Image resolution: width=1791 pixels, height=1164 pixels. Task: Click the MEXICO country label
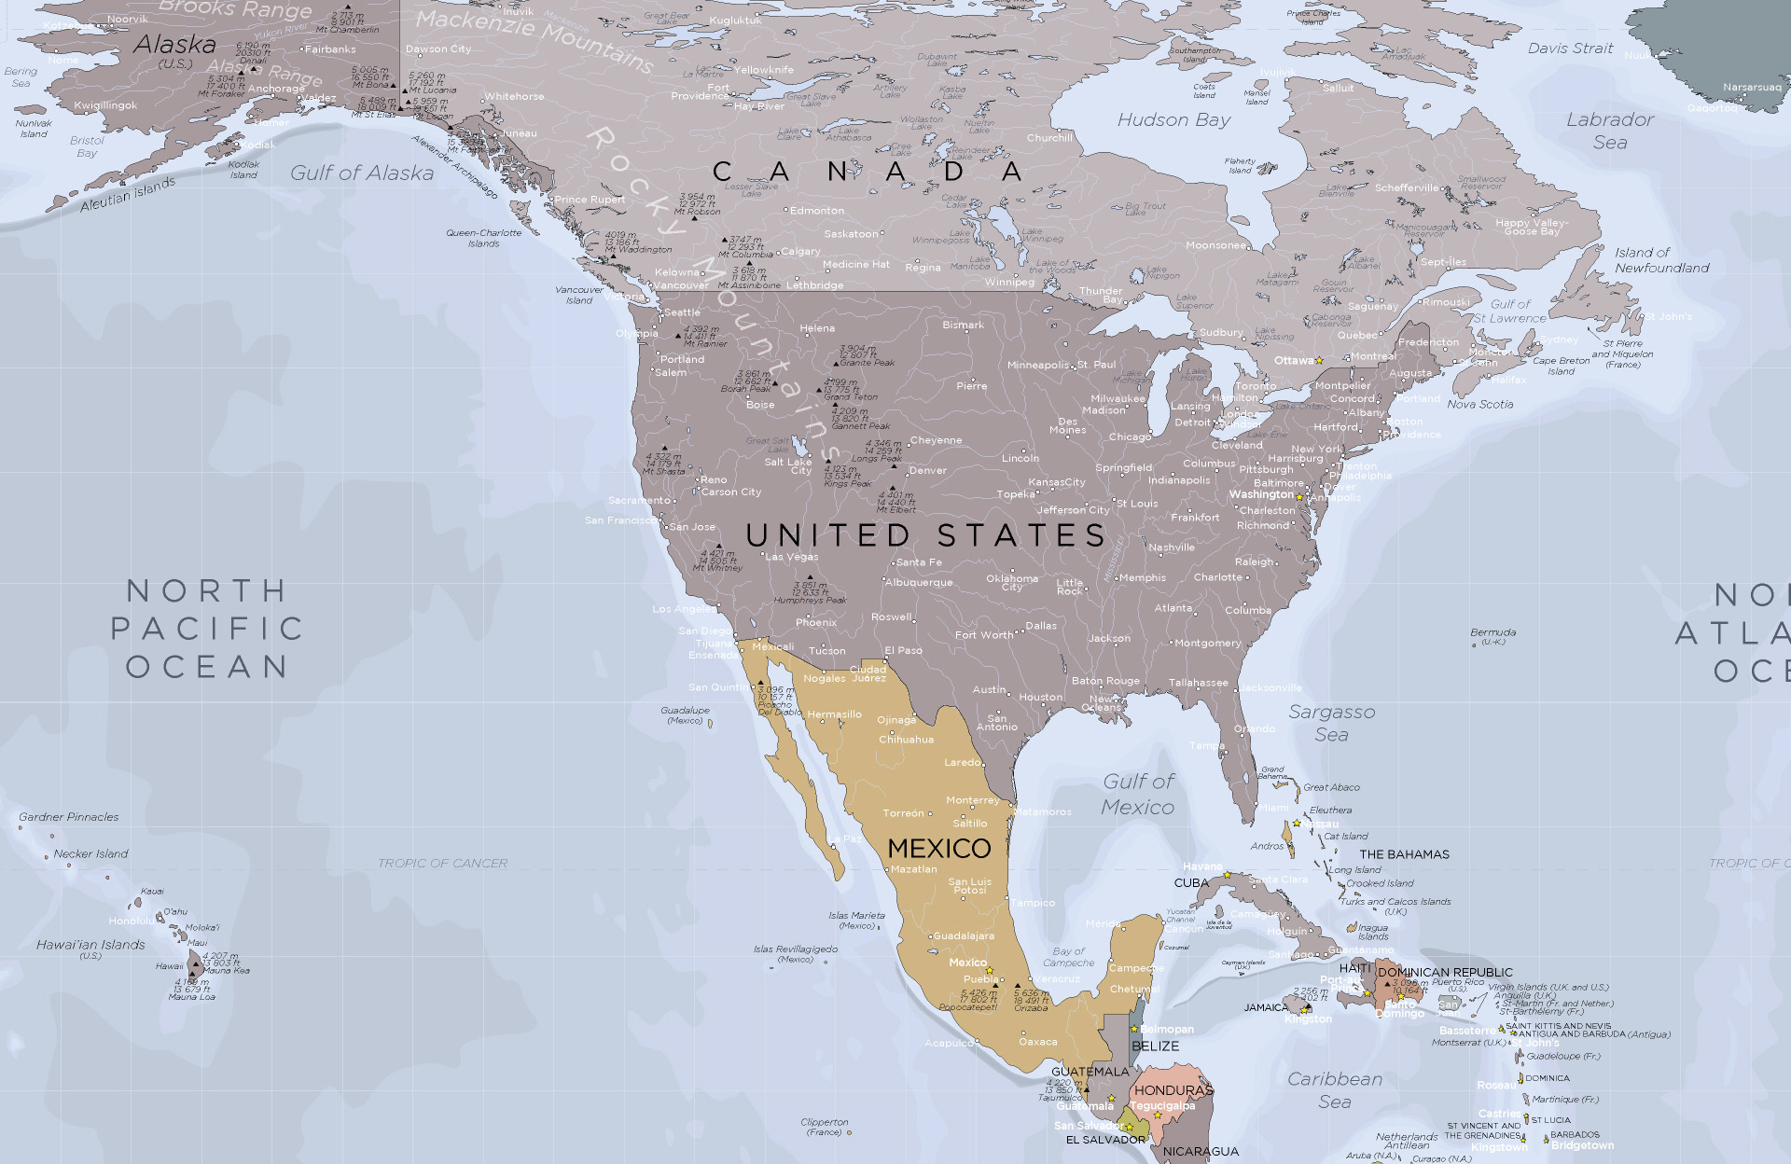pyautogui.click(x=938, y=848)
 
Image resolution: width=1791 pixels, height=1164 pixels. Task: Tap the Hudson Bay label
pyautogui.click(x=1173, y=119)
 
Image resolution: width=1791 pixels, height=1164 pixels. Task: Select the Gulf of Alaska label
pyautogui.click(x=362, y=173)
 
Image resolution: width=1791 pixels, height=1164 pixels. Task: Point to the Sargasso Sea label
pyautogui.click(x=1331, y=723)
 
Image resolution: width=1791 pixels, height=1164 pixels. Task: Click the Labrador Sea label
pyautogui.click(x=1610, y=131)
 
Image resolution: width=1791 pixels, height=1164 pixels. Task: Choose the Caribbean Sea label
pyautogui.click(x=1335, y=1089)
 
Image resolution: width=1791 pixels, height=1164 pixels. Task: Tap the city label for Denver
pyautogui.click(x=927, y=470)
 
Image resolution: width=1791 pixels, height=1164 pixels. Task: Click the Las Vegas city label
pyautogui.click(x=792, y=557)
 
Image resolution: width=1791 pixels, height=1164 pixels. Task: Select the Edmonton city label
pyautogui.click(x=816, y=211)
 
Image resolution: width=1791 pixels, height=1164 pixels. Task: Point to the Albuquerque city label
pyautogui.click(x=919, y=582)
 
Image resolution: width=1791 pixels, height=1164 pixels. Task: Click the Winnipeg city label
pyautogui.click(x=1009, y=282)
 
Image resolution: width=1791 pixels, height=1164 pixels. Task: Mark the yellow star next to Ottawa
pyautogui.click(x=1319, y=360)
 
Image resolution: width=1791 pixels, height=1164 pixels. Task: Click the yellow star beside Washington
pyautogui.click(x=1299, y=497)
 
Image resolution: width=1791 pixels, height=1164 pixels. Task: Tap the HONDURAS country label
pyautogui.click(x=1173, y=1089)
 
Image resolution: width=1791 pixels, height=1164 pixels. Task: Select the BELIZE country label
pyautogui.click(x=1155, y=1046)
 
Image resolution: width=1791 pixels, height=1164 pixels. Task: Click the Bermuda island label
pyautogui.click(x=1492, y=632)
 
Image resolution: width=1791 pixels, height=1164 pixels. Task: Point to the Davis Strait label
pyautogui.click(x=1570, y=48)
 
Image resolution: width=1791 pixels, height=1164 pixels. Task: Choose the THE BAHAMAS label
pyautogui.click(x=1404, y=854)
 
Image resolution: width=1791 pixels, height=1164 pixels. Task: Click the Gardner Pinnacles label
pyautogui.click(x=69, y=817)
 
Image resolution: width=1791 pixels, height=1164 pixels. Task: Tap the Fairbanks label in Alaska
pyautogui.click(x=330, y=49)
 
